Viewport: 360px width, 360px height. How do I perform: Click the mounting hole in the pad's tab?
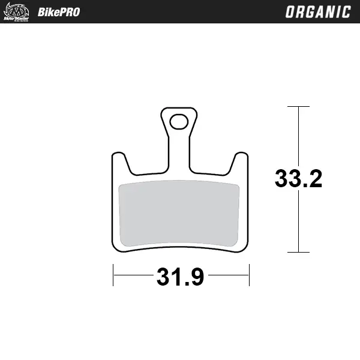click(x=178, y=122)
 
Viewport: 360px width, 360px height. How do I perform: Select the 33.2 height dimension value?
click(x=298, y=179)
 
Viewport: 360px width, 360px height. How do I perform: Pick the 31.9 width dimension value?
click(x=181, y=277)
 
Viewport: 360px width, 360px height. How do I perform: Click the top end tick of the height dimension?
click(x=298, y=107)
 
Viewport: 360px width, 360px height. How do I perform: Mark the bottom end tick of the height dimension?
click(x=298, y=253)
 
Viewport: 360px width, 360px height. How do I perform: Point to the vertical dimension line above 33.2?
click(x=298, y=135)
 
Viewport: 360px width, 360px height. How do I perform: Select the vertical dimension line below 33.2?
click(x=298, y=222)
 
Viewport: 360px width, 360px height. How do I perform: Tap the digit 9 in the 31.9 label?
click(x=197, y=277)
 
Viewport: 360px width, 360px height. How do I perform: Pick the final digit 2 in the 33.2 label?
click(x=314, y=179)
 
